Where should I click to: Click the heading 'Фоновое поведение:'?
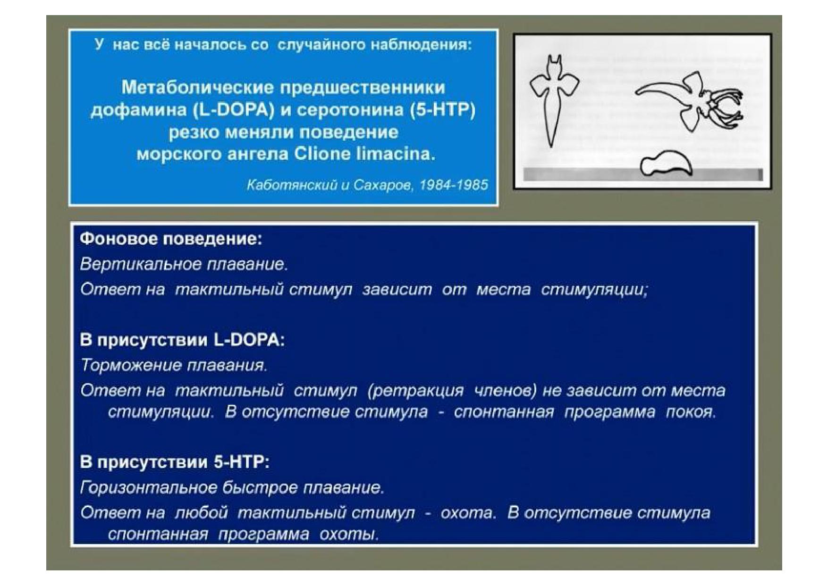point(171,239)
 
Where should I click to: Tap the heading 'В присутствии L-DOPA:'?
point(182,340)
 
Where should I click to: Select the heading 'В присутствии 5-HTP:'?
point(175,461)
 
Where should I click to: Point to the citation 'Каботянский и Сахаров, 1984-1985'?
point(367,185)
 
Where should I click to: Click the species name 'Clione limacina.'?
point(364,154)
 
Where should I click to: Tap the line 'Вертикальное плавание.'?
point(184,264)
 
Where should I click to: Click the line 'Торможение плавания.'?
point(174,365)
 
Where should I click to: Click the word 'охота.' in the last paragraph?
point(468,512)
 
